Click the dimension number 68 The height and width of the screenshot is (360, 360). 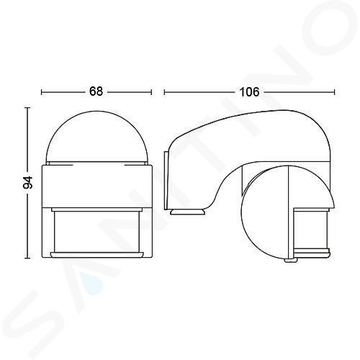click(96, 91)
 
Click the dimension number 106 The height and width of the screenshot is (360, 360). click(250, 92)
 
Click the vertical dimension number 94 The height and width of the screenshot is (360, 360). click(28, 183)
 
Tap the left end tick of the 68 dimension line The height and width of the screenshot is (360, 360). click(42, 92)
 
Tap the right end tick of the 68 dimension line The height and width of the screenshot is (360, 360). click(151, 92)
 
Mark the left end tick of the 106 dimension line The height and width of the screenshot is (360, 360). click(164, 92)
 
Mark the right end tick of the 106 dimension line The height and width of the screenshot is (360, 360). click(334, 92)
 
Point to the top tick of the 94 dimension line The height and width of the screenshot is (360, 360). click(28, 108)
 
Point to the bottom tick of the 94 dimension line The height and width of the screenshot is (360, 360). click(28, 258)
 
